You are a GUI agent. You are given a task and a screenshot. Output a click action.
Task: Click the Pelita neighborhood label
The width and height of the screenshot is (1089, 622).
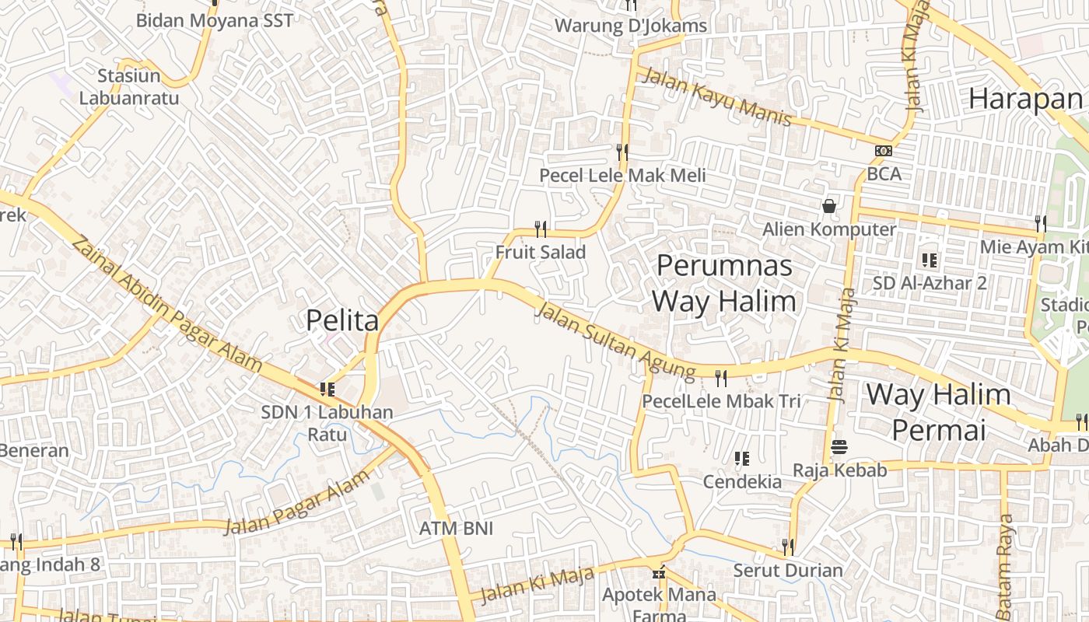click(342, 320)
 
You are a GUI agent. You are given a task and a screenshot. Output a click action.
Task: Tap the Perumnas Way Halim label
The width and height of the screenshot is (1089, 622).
click(724, 283)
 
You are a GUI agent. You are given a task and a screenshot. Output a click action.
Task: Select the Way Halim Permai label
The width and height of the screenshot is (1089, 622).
click(938, 411)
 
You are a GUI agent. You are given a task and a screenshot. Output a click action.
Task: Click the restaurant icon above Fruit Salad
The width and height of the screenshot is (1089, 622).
click(541, 229)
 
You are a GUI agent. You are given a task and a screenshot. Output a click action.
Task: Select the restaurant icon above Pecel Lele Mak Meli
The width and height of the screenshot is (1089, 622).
click(622, 152)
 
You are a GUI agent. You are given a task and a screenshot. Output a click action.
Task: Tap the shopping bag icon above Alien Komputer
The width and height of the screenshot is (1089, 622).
click(829, 206)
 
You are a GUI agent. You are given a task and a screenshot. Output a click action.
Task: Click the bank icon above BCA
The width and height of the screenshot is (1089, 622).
click(884, 151)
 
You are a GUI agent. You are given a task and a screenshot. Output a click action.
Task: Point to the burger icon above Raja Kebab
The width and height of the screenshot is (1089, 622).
click(839, 447)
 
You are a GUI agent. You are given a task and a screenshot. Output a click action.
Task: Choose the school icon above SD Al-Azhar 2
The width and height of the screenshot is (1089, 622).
click(930, 260)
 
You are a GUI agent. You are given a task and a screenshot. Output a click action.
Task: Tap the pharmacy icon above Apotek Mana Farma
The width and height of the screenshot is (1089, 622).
click(660, 574)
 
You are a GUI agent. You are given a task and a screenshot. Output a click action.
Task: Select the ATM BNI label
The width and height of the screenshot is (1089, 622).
click(457, 529)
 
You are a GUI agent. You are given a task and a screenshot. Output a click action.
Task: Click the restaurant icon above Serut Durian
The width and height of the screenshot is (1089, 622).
click(788, 547)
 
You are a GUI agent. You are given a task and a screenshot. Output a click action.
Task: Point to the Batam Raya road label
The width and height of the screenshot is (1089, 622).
click(1005, 561)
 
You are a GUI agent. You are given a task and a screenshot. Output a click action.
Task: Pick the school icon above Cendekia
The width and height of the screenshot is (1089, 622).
click(742, 459)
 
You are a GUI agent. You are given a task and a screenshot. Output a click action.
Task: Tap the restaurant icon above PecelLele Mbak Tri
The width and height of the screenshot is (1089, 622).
click(721, 379)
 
